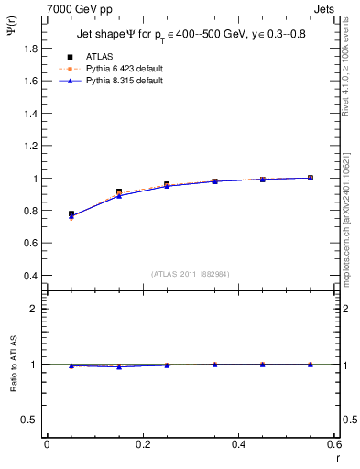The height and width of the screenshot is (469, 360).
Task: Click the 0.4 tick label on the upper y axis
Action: tap(31, 276)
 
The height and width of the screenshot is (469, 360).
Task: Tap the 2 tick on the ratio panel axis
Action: tap(37, 309)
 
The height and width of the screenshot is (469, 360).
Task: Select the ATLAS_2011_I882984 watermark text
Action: tap(191, 274)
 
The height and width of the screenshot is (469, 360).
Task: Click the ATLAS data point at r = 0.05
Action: tap(71, 214)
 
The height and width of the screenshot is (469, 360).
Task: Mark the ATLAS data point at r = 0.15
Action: tap(119, 192)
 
